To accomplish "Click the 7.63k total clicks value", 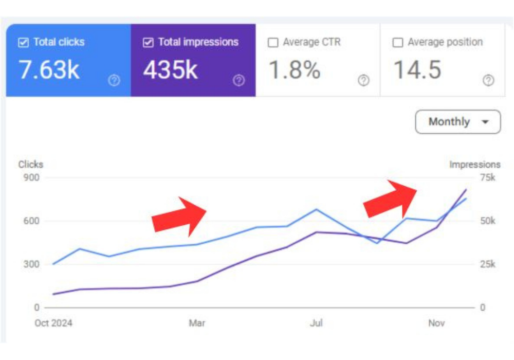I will [x=49, y=69].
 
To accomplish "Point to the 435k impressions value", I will [x=171, y=69].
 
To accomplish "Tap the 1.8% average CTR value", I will [x=295, y=69].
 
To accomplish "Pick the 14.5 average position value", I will [x=417, y=69].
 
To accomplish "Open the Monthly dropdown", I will [x=457, y=122].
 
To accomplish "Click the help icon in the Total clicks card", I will [x=114, y=80].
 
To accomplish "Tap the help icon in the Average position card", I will [x=488, y=80].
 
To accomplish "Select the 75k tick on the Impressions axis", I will [x=487, y=178].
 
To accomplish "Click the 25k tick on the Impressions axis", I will [x=487, y=264].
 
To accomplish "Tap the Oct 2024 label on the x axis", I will [x=53, y=323].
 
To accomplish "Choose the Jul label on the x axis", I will [x=316, y=323].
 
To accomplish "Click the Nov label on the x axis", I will [x=436, y=323].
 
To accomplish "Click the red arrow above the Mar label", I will [x=179, y=215].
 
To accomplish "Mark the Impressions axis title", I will [x=474, y=165].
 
